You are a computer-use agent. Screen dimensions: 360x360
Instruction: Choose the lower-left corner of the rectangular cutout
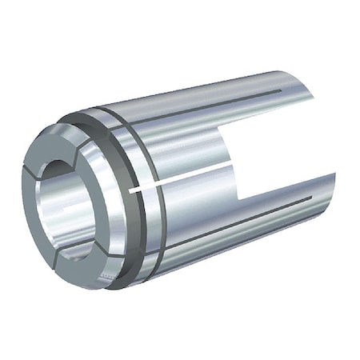240,197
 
